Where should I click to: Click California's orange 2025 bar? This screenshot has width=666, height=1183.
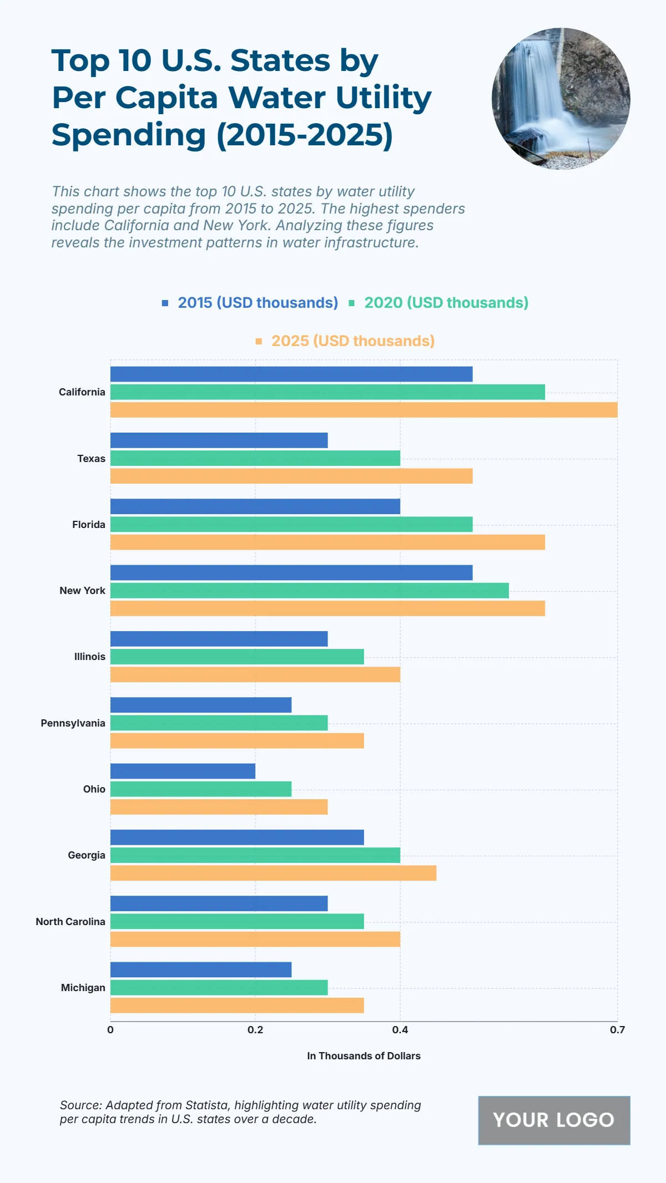[364, 410]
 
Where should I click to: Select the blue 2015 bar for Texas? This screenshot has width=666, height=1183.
[219, 440]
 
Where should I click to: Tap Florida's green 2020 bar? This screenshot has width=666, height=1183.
[291, 524]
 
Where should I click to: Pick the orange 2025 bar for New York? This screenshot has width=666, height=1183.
[327, 608]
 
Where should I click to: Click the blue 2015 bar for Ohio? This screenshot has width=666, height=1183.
[183, 771]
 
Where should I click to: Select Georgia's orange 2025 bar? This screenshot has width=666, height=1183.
[273, 873]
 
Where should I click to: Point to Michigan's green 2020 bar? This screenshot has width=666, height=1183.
[219, 987]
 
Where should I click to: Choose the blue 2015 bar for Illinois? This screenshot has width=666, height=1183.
[219, 639]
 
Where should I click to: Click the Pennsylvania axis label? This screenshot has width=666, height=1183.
[73, 723]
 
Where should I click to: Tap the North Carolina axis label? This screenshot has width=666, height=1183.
[70, 922]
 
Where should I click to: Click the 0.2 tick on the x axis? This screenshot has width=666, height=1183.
[255, 1030]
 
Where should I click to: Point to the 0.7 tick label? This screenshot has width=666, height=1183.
[617, 1030]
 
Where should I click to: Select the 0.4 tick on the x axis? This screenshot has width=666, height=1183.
[400, 1030]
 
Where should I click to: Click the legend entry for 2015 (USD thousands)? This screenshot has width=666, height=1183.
[258, 303]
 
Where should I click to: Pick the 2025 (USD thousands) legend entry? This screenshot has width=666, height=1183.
[352, 341]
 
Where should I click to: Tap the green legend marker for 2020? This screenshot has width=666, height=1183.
[351, 303]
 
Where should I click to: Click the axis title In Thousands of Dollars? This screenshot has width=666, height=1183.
[364, 1056]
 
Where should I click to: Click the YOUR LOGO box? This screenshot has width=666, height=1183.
[554, 1120]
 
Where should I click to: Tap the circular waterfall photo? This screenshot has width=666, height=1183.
[561, 99]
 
